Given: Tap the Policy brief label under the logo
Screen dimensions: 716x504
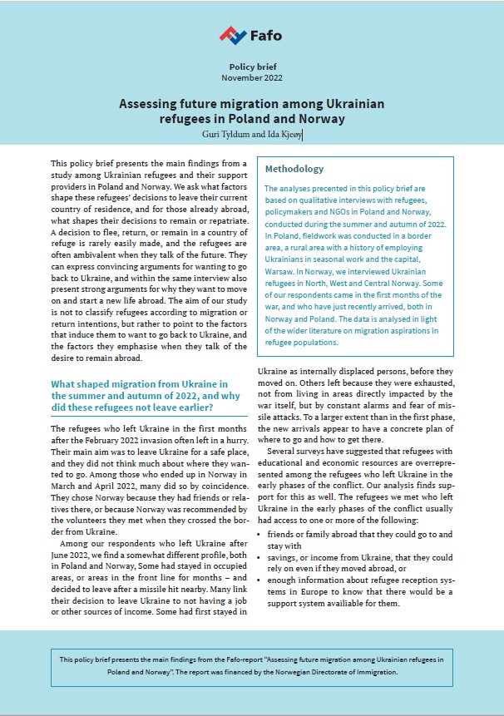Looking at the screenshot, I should [x=252, y=66].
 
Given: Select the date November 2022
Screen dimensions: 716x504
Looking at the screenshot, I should [x=252, y=77].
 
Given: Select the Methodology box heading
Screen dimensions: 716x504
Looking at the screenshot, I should [x=294, y=169].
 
